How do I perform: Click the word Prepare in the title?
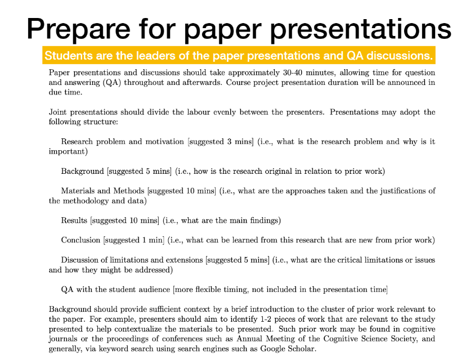point(78,30)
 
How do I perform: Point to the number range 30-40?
point(293,73)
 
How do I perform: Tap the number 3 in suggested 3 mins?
point(229,142)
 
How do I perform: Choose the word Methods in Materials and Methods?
point(129,191)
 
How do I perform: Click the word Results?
point(74,220)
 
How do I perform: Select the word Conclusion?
point(80,240)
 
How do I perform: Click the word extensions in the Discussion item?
point(184,260)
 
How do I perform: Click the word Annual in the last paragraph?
point(249,339)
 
